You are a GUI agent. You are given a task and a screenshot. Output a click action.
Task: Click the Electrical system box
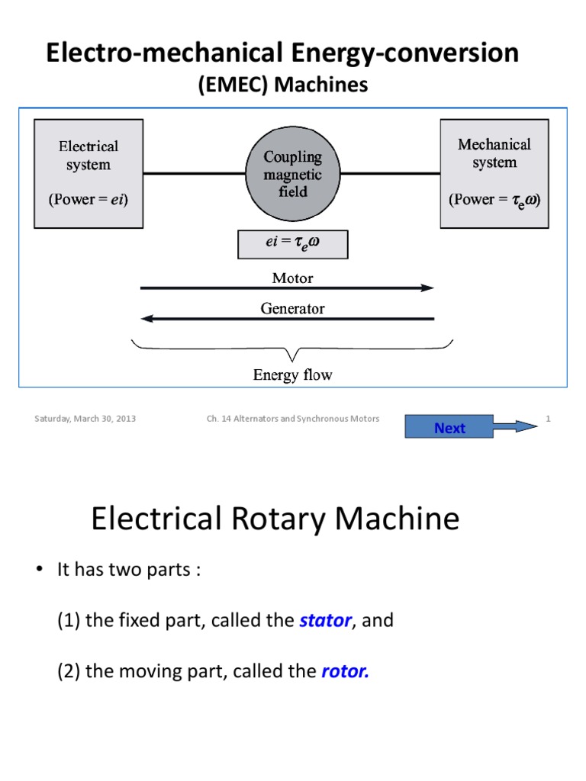point(89,173)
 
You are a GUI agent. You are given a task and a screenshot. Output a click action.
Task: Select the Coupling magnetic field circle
point(293,175)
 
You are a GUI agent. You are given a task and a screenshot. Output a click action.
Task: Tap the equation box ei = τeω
point(293,245)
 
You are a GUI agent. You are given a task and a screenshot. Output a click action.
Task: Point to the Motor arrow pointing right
point(288,288)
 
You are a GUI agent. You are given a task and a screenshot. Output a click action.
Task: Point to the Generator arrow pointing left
point(288,319)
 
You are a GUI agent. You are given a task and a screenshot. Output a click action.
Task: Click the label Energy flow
point(292,374)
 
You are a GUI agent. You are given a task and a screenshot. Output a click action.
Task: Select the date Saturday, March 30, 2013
point(85,419)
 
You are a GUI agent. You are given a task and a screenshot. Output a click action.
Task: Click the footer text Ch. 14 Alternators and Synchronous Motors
point(293,419)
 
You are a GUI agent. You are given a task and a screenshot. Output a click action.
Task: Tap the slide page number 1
point(549,418)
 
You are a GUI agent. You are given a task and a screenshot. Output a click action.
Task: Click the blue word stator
point(325,621)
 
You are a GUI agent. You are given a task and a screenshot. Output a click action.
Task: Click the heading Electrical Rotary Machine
point(275,519)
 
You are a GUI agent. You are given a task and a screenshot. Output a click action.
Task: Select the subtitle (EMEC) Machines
point(283,85)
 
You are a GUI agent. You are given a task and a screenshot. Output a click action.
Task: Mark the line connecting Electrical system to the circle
point(192,174)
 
